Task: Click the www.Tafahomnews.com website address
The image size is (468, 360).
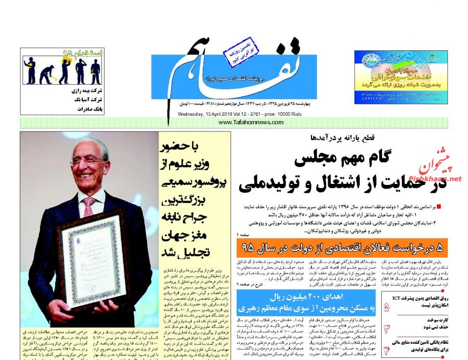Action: (x=251, y=122)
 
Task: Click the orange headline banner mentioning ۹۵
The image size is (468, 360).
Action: (x=342, y=246)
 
